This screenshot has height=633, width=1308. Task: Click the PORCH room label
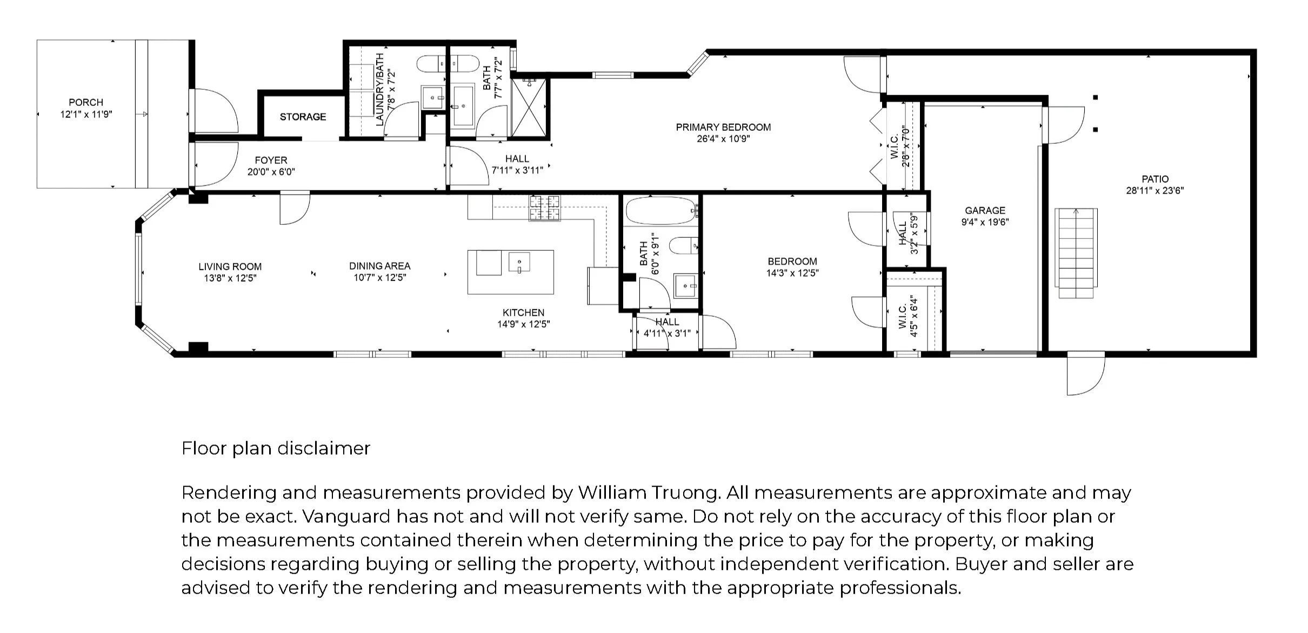coord(86,102)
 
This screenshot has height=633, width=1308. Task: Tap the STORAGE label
coord(303,117)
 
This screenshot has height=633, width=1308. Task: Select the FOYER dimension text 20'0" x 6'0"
coord(271,172)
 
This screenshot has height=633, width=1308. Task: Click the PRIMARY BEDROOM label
coord(723,127)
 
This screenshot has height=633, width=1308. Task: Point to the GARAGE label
coord(985,210)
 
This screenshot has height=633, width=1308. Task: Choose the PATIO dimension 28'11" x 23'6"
coord(1154,190)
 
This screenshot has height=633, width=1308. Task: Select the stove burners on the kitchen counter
coord(545,208)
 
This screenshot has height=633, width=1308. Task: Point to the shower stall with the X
coord(529,108)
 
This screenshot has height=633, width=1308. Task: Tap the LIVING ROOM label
coord(230,266)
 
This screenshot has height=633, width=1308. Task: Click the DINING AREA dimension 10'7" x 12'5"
coord(379,278)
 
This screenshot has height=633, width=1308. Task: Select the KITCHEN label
coord(523,312)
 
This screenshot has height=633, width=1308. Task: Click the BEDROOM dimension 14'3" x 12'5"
coord(792,273)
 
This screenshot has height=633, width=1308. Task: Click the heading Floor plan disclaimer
coord(276,448)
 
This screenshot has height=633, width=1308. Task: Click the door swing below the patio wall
coord(1085,374)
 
